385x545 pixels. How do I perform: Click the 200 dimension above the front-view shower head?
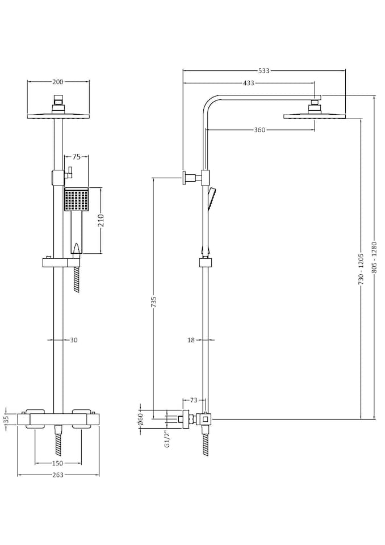tap(58, 82)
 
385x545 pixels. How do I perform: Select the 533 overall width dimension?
tap(263, 70)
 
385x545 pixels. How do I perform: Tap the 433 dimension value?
tap(248, 83)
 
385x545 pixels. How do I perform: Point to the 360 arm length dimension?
tap(259, 130)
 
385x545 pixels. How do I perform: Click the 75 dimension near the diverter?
tap(76, 157)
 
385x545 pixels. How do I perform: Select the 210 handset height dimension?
tap(102, 220)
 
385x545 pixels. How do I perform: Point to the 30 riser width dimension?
tap(74, 340)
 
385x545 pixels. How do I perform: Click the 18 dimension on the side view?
tap(191, 340)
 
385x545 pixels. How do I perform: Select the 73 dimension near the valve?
tap(193, 401)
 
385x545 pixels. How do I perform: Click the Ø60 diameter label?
tap(139, 420)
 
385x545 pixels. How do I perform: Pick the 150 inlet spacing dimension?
tap(58, 463)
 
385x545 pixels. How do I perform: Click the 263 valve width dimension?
tap(58, 475)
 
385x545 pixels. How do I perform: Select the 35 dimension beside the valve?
tap(6, 420)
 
